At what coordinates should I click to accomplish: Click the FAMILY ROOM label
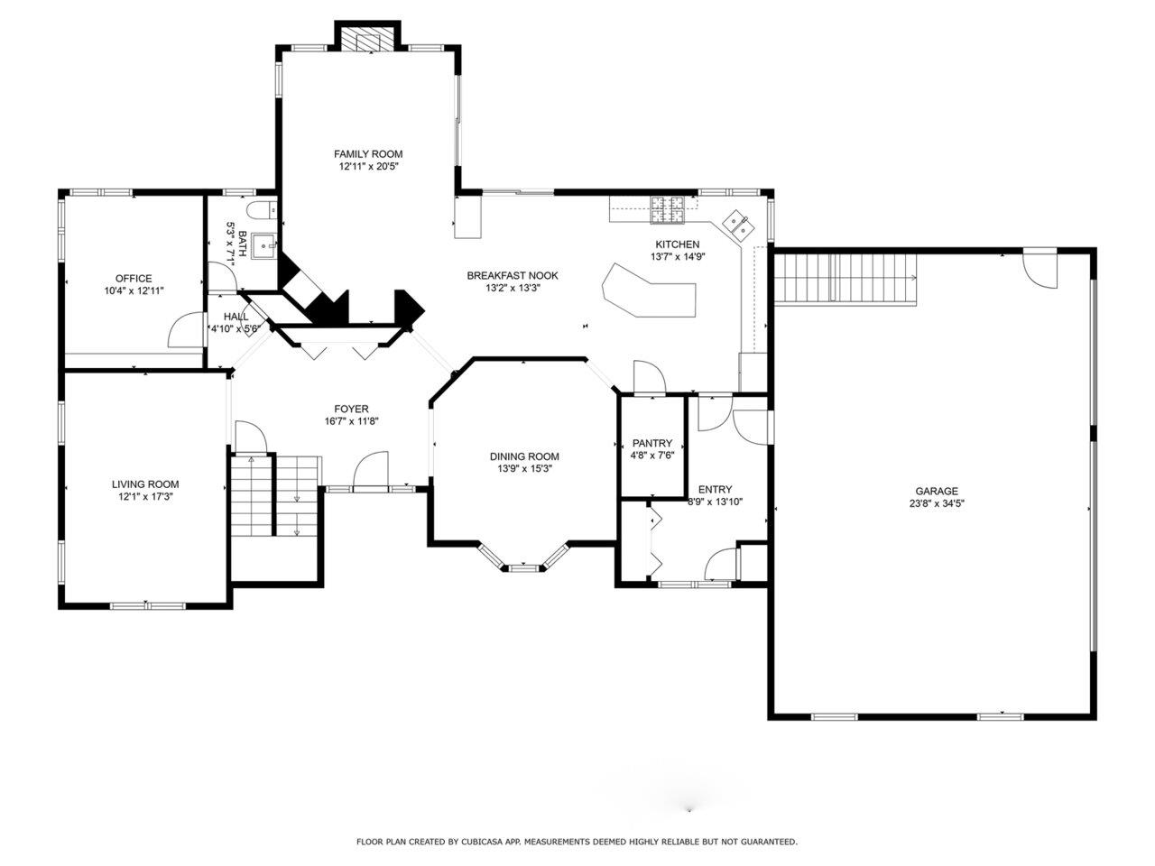click(368, 154)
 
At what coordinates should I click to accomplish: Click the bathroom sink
click(263, 245)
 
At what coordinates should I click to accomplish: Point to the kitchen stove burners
click(668, 210)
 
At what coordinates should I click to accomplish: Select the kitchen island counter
click(649, 290)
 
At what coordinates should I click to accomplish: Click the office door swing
click(186, 329)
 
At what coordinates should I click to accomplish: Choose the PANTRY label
click(652, 443)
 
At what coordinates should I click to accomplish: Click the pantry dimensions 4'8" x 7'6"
click(652, 456)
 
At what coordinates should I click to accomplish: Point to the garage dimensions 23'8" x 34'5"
click(936, 503)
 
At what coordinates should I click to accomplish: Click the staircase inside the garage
click(845, 279)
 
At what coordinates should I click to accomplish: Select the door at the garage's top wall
click(1039, 271)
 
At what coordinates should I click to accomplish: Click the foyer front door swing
click(371, 471)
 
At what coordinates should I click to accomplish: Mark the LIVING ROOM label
click(145, 484)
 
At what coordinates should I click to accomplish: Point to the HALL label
click(236, 317)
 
